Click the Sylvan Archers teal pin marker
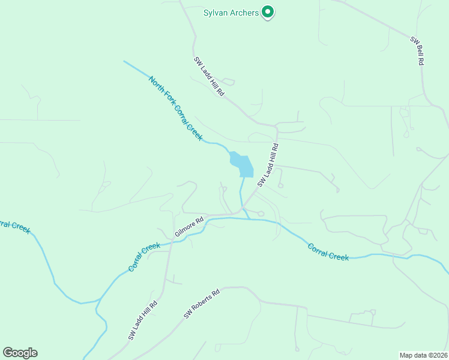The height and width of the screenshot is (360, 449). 268,13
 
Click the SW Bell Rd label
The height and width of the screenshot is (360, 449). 417,51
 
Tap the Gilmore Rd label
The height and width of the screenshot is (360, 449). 190,226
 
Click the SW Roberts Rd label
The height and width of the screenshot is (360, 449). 202,304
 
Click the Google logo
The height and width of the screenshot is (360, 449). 20,353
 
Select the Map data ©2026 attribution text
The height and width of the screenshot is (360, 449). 423,355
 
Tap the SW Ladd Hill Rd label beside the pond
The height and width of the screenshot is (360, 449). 268,165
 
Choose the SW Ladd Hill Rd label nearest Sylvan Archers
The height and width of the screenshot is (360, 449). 209,77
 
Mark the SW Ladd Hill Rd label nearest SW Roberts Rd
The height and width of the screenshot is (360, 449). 143,320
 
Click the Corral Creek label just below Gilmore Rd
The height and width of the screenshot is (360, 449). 144,256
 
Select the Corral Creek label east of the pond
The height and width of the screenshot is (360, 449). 328,251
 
